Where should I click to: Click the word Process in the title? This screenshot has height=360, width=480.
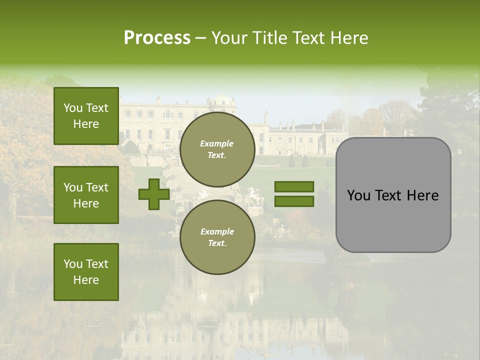click(x=157, y=38)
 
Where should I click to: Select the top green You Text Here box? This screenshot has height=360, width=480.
click(x=86, y=116)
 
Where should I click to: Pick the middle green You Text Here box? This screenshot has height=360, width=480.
click(x=86, y=195)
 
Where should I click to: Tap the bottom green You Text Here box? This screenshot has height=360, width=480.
click(x=86, y=272)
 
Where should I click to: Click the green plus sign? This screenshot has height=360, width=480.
click(x=154, y=194)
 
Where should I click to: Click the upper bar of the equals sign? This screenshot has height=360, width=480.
click(x=294, y=187)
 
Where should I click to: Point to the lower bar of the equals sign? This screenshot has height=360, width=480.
click(x=294, y=201)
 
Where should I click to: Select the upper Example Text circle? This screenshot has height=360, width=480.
click(x=217, y=149)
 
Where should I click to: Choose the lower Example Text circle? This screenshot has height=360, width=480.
click(x=217, y=237)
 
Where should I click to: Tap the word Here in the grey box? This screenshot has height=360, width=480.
click(x=422, y=195)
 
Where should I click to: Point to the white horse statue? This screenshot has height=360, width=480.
click(x=254, y=198)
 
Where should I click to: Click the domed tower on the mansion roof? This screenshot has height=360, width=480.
click(x=222, y=103)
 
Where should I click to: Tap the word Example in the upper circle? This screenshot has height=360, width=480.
click(x=216, y=144)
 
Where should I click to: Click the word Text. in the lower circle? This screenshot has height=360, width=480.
click(x=217, y=243)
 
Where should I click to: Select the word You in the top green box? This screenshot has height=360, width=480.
click(x=72, y=108)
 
